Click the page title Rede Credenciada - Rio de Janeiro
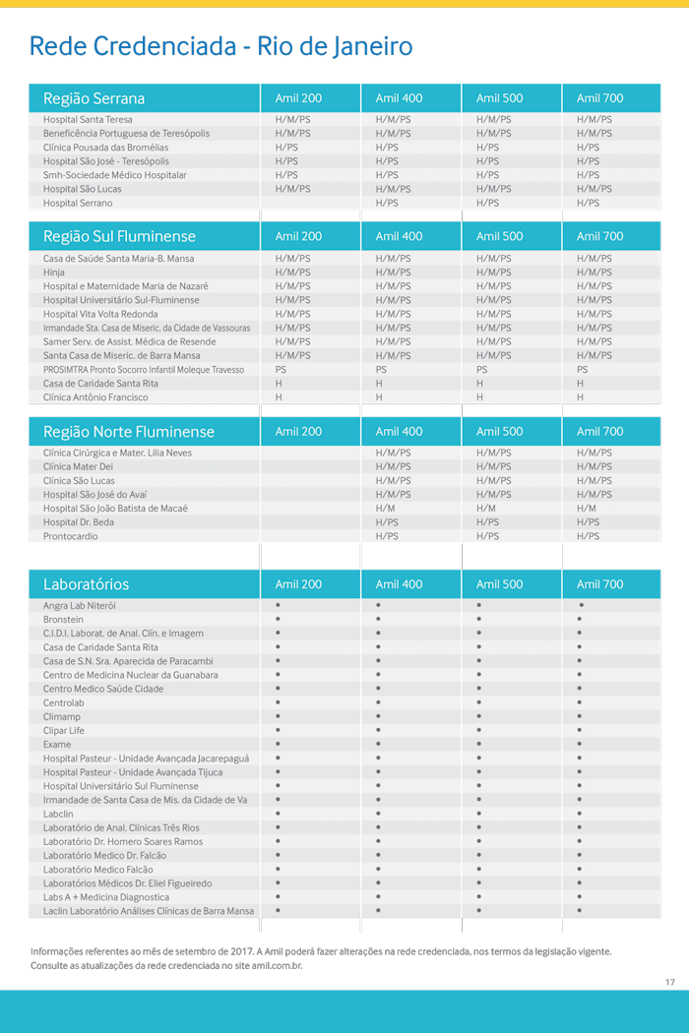(x=220, y=46)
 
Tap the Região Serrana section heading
(x=94, y=98)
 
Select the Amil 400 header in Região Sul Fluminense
(x=399, y=236)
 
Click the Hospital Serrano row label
(x=78, y=203)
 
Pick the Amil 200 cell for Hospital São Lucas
(x=292, y=189)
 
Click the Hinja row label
(x=54, y=273)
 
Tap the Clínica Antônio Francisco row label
(x=95, y=397)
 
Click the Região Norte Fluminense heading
(x=128, y=432)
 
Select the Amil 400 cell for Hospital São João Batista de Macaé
(x=385, y=509)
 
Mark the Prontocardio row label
(x=71, y=536)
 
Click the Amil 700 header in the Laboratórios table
(x=599, y=584)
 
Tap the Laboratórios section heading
(x=86, y=584)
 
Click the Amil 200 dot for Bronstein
(x=279, y=619)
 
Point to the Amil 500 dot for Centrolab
(x=479, y=702)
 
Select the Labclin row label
(x=58, y=814)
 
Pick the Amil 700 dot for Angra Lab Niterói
(x=581, y=605)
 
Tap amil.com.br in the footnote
(x=277, y=966)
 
